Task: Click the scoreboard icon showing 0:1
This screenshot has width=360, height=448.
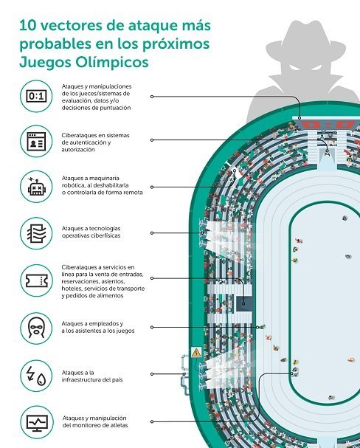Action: pos(36,96)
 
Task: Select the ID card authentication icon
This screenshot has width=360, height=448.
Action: pos(36,141)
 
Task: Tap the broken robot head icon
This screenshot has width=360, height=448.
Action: pos(36,187)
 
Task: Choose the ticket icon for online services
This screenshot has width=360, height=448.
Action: pos(36,280)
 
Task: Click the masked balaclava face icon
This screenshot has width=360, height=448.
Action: pos(36,328)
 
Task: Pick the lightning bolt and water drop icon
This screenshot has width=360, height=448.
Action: pos(36,375)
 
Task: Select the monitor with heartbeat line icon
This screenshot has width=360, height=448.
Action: pos(37,422)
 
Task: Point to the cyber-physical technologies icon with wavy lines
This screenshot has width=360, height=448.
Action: pos(36,233)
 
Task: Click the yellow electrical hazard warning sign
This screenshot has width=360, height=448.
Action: pos(196,353)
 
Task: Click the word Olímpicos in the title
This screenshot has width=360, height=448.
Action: pos(112,62)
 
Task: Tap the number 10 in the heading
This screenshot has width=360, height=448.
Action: pos(28,25)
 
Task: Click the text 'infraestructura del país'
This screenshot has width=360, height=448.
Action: pos(92,379)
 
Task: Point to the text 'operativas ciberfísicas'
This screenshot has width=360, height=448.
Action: pos(91,235)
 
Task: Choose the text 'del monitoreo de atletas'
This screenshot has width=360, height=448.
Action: pos(95,425)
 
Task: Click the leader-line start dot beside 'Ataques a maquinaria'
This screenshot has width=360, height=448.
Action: pos(152,187)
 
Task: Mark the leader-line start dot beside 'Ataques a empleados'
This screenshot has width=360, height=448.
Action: pos(152,327)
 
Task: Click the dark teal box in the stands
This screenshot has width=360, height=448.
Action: pos(244,304)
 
